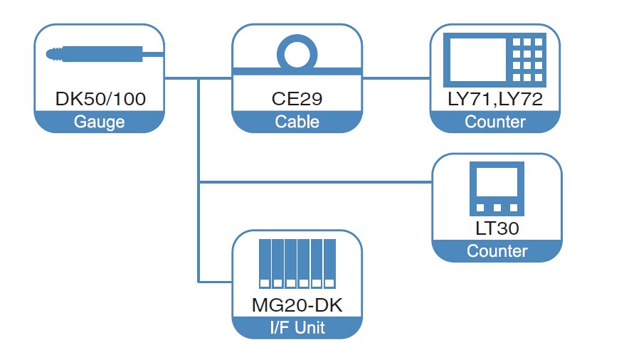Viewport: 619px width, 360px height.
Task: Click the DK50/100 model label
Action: pos(100,99)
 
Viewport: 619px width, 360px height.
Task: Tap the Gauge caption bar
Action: pos(100,122)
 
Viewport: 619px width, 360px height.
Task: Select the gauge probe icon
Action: pos(100,53)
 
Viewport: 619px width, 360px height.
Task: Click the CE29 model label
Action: pos(297,99)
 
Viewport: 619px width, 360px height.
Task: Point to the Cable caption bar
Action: pos(297,122)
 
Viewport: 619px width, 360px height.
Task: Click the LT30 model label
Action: pos(497,228)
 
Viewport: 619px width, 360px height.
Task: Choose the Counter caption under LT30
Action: pos(497,251)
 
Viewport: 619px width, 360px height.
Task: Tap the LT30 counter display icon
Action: pos(497,189)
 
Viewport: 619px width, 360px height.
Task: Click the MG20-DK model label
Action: pos(297,305)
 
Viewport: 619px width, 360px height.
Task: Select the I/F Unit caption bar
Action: pos(297,328)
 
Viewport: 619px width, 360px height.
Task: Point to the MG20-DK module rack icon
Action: pos(297,264)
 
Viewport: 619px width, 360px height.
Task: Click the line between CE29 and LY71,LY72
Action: pos(396,78)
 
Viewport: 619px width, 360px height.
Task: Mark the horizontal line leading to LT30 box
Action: pos(313,182)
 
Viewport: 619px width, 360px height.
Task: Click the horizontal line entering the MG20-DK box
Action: pos(215,282)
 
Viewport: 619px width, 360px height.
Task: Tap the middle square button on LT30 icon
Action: pos(497,208)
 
